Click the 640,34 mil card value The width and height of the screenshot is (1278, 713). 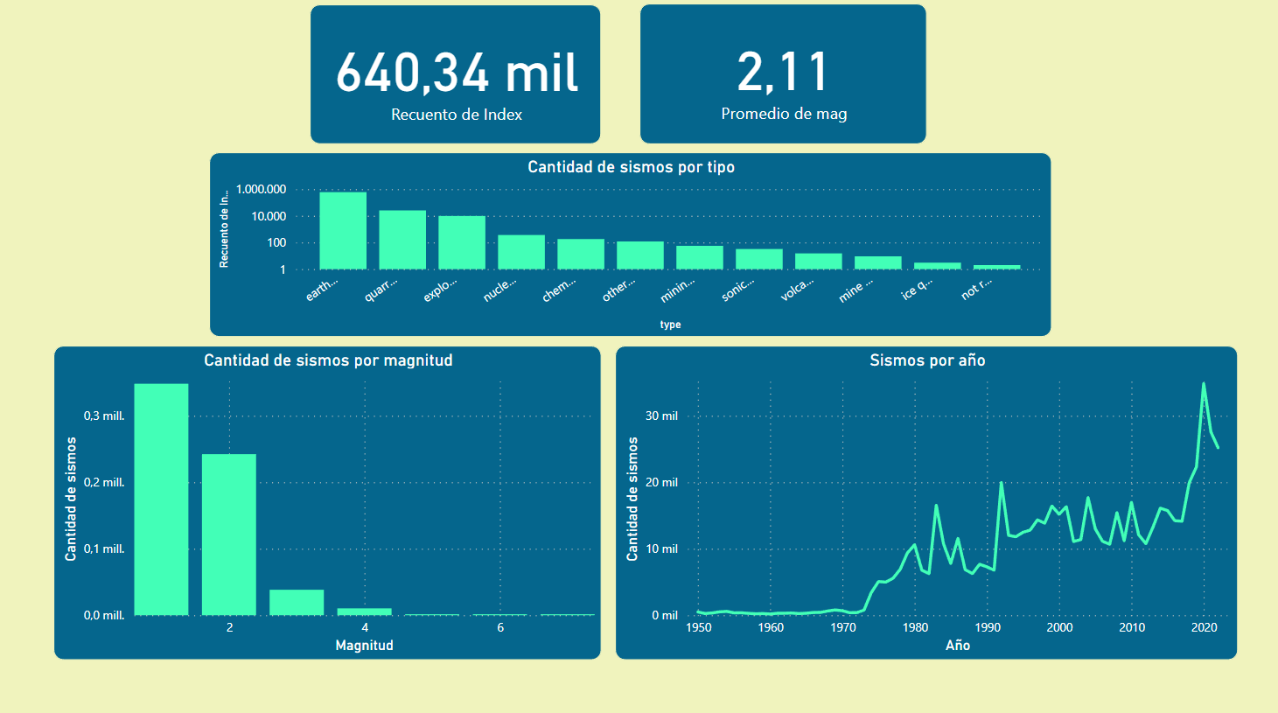coord(456,72)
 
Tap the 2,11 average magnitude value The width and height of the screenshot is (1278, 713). coord(782,72)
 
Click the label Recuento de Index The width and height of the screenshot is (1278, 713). coord(456,115)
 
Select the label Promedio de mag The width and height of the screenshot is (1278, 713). coord(784,114)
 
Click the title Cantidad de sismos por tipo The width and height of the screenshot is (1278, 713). coord(631,167)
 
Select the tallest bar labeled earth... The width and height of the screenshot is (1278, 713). coord(343,231)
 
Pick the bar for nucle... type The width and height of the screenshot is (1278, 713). coord(521,252)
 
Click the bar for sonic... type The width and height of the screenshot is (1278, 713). coord(759,259)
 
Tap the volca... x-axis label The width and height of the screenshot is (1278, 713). coord(797,290)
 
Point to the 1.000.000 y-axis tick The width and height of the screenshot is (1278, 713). coord(261,190)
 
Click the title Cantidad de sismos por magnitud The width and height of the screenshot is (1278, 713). coord(328,360)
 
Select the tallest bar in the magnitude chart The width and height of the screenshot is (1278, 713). coord(161,499)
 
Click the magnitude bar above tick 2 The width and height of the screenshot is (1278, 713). coord(229,534)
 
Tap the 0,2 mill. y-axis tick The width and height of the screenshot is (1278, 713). coord(104,483)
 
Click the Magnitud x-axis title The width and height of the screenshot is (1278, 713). coord(364,646)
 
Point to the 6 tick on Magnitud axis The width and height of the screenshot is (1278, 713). coord(500,628)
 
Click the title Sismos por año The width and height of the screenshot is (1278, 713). coord(927,360)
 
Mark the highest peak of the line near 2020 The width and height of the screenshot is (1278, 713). coord(1204,383)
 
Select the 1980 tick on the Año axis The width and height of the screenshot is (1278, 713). coord(915,627)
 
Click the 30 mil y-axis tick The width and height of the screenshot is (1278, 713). coord(661,416)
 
